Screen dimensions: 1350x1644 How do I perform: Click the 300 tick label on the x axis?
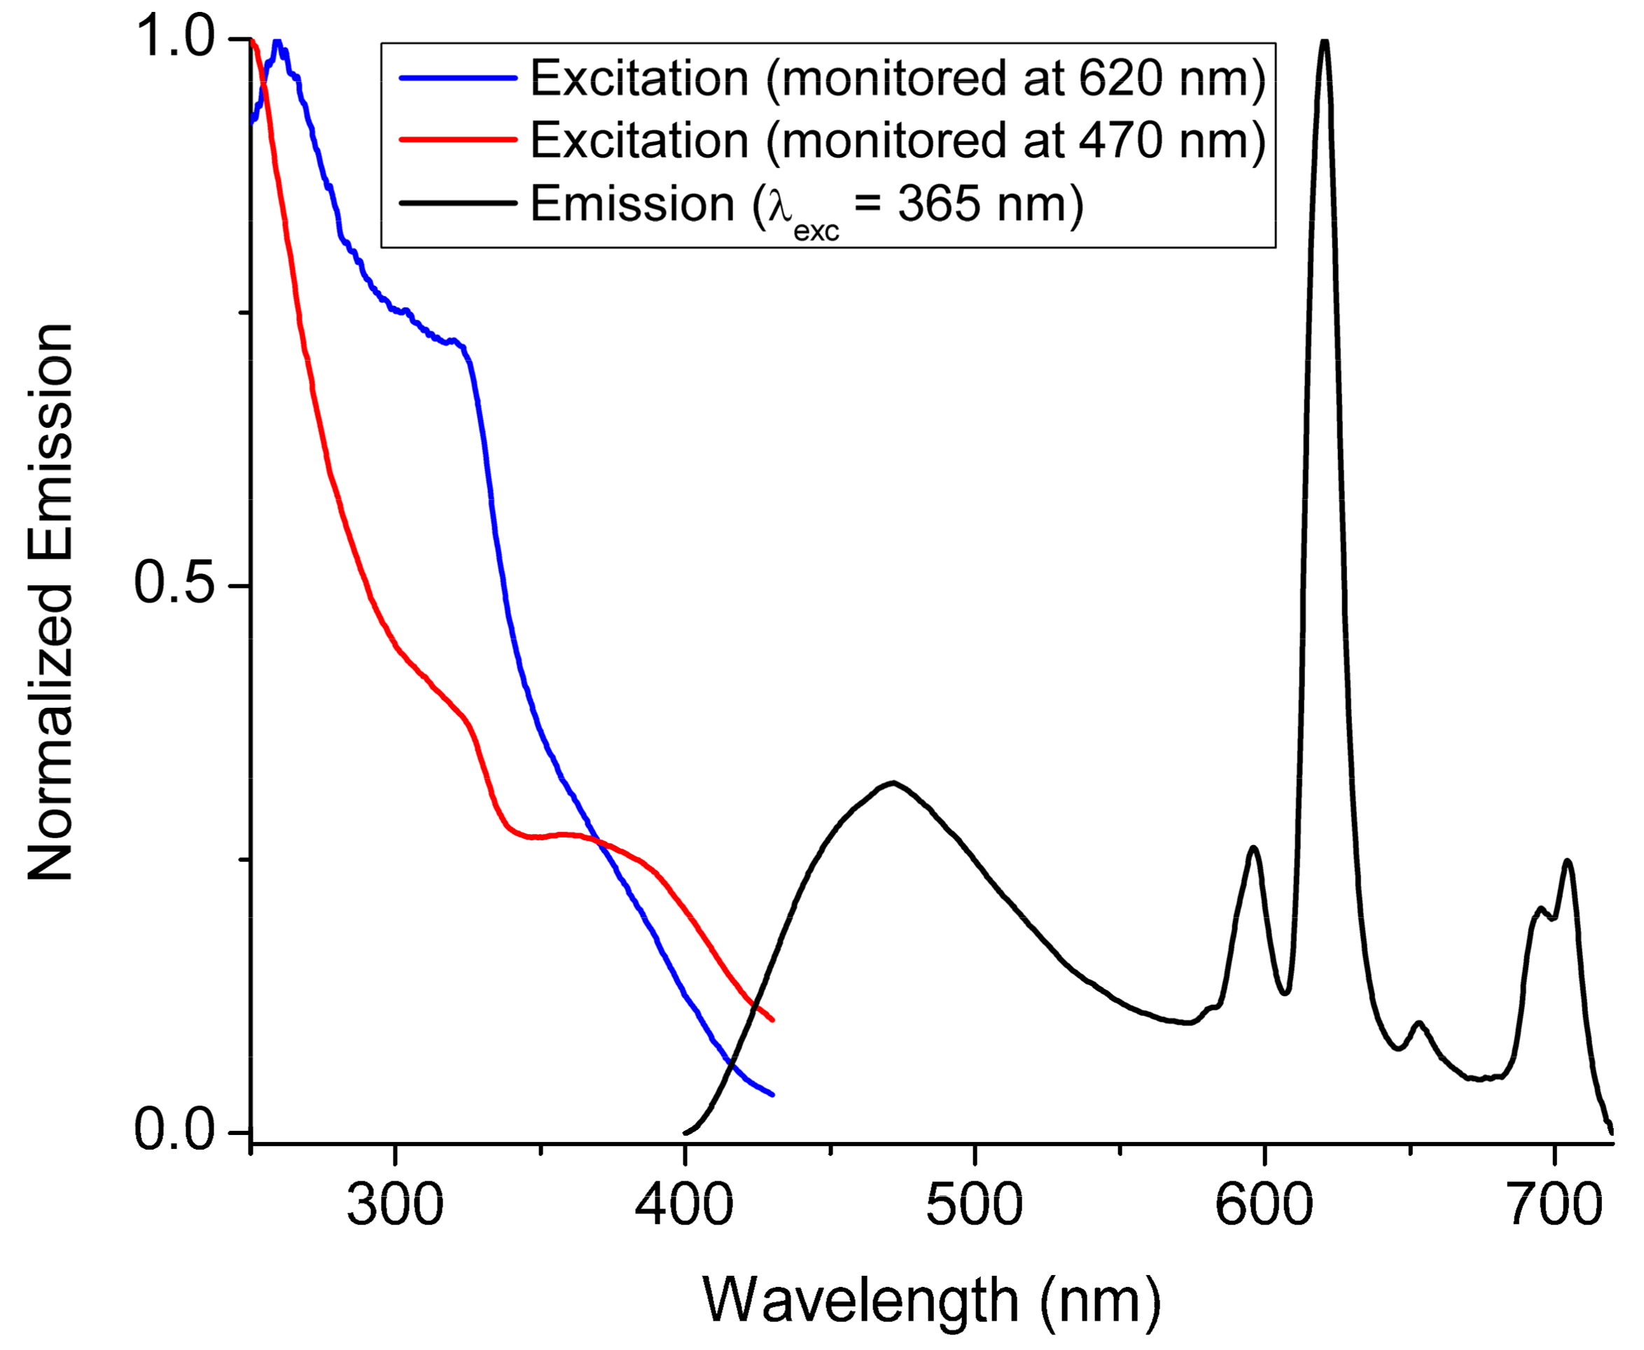(x=394, y=1207)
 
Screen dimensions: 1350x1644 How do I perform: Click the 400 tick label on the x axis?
(x=684, y=1207)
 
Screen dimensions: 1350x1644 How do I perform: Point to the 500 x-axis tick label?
(x=974, y=1207)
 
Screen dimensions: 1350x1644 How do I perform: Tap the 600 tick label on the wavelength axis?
(x=1264, y=1207)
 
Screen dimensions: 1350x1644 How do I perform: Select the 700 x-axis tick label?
(x=1554, y=1207)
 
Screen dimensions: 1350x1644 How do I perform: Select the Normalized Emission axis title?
(x=50, y=603)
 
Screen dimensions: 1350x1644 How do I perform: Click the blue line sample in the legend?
(x=458, y=78)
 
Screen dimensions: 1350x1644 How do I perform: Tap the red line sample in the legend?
(x=458, y=140)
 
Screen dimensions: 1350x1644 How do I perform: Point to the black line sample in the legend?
(x=458, y=203)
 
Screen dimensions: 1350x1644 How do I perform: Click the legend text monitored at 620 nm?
(x=898, y=78)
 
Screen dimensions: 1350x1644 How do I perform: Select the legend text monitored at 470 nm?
(x=898, y=140)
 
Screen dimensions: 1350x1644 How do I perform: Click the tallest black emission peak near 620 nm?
(x=1325, y=42)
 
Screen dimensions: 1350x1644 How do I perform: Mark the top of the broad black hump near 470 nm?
(x=894, y=782)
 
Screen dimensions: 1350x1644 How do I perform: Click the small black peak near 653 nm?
(x=1419, y=1024)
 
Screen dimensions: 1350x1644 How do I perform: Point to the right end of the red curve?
(x=772, y=1020)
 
